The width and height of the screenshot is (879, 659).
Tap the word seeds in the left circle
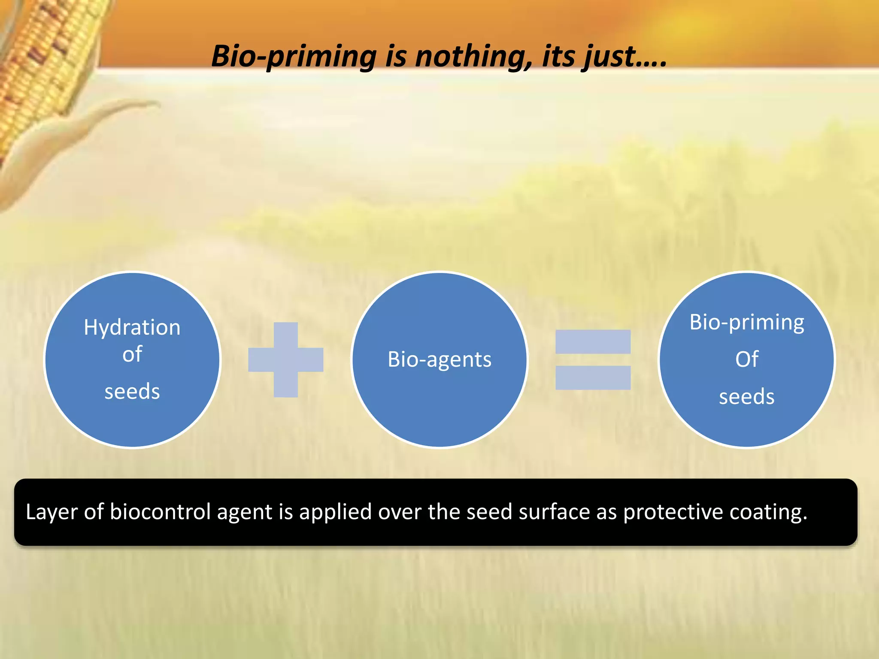[132, 392]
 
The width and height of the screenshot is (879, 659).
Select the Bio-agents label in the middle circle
[439, 360]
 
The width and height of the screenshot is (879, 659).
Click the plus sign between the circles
[286, 360]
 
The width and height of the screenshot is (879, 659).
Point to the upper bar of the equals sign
[593, 342]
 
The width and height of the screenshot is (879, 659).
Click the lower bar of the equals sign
[593, 378]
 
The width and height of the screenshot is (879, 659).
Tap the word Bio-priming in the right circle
[747, 323]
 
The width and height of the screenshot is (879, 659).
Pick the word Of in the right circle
[747, 360]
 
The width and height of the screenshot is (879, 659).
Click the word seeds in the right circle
[747, 397]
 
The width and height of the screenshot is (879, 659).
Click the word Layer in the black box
[52, 512]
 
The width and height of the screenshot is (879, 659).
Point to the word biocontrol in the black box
[161, 511]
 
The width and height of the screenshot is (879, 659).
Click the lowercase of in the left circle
[132, 355]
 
